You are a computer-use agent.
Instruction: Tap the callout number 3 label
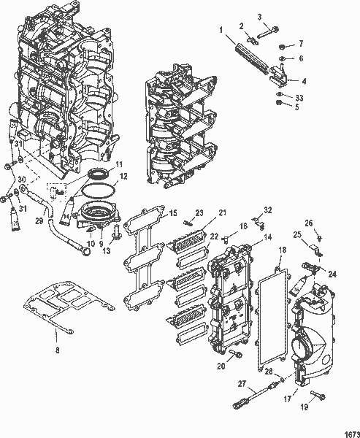(x=258, y=17)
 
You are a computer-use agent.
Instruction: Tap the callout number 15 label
(x=172, y=213)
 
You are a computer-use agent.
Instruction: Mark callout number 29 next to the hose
(x=40, y=218)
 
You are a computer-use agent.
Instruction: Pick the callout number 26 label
(x=308, y=223)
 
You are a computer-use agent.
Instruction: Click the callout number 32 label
(x=267, y=210)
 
